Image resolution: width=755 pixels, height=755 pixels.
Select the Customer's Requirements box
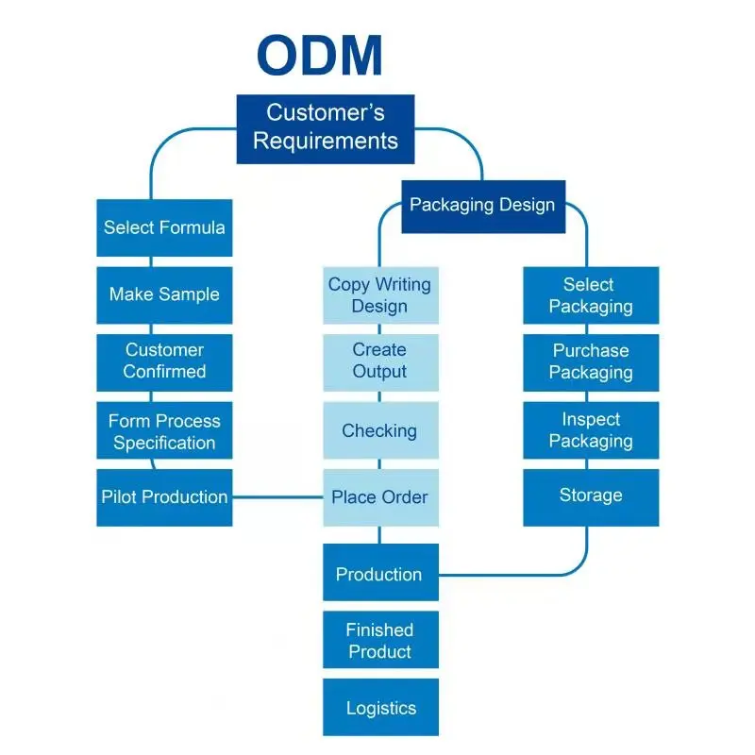[x=326, y=128]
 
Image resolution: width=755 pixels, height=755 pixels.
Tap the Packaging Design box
[x=483, y=206]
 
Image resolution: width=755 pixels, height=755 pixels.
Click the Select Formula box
[x=164, y=227]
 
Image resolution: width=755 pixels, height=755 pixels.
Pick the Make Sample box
[x=164, y=294]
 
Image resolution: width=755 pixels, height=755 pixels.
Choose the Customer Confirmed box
[x=164, y=361]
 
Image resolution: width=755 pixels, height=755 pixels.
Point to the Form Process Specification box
[x=164, y=431]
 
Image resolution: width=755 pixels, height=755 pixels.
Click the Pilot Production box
[x=164, y=497]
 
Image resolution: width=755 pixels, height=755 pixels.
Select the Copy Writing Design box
[x=380, y=295]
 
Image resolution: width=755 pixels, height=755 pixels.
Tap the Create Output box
[x=380, y=361]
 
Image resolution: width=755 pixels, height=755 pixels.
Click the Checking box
[x=380, y=430]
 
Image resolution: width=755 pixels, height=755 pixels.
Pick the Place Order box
[x=380, y=497]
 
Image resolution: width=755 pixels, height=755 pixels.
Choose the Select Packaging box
[x=591, y=295]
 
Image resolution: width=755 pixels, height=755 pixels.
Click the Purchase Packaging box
[x=591, y=361]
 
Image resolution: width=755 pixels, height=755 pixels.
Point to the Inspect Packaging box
[x=591, y=430]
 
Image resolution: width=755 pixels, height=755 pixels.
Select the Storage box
[x=591, y=496]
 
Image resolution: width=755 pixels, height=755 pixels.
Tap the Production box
[x=380, y=574]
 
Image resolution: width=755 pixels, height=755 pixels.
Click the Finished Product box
[x=380, y=641]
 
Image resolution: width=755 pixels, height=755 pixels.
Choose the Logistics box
[x=380, y=708]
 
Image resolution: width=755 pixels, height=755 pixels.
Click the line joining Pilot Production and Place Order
[x=277, y=497]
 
